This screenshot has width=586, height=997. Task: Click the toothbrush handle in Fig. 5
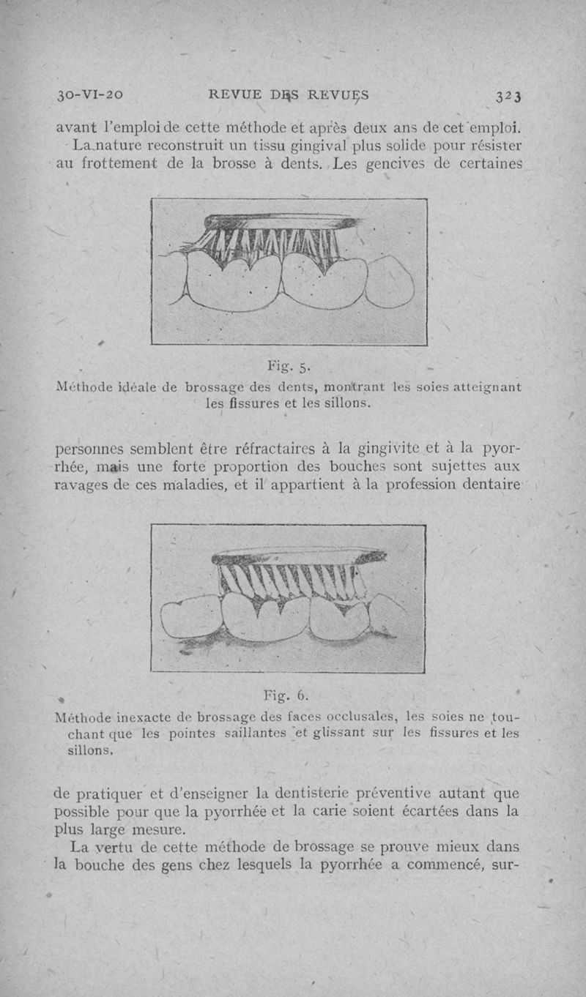[x=278, y=220]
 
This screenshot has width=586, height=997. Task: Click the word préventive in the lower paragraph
[x=396, y=794]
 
